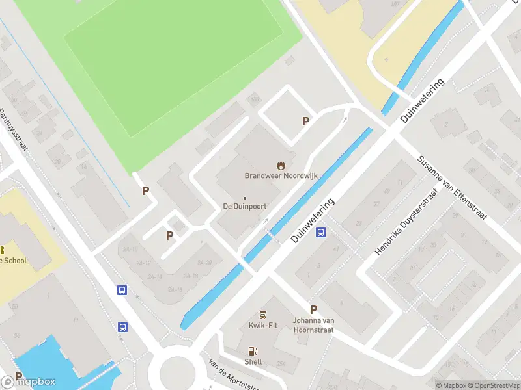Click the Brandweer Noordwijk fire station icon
point(281,166)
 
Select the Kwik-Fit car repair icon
point(263,315)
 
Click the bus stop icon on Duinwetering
point(320,233)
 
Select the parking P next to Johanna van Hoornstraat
point(313,310)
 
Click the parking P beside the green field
point(146,191)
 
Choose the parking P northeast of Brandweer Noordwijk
point(305,121)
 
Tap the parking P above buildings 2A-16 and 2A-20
point(169,235)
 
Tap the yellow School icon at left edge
point(3,250)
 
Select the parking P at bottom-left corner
point(18,376)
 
